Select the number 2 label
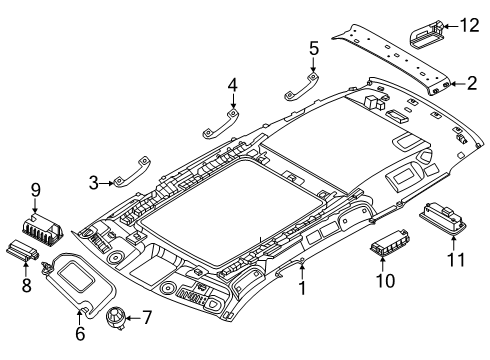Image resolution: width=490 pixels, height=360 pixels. point(471,84)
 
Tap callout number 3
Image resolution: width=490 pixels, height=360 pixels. point(94,182)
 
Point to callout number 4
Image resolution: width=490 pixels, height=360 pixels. point(232,86)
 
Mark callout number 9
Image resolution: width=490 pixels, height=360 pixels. point(34,189)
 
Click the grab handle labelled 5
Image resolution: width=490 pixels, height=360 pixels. point(297,85)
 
